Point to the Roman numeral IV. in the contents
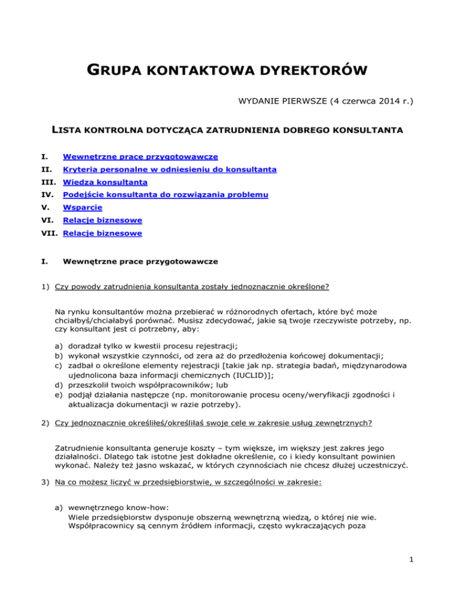59,195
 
